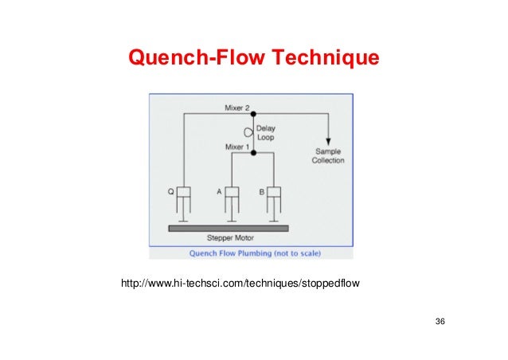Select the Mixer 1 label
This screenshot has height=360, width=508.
238,147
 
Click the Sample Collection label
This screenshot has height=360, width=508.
327,155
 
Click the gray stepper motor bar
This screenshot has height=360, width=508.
229,228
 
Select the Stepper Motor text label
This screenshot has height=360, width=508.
229,238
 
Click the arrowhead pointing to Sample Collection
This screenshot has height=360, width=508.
327,139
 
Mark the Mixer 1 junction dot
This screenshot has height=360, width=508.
254,153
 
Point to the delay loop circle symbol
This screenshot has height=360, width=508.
248,132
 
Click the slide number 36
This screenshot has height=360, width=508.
440,321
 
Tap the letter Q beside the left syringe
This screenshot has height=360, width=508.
170,191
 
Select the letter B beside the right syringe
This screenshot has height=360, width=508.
261,191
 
